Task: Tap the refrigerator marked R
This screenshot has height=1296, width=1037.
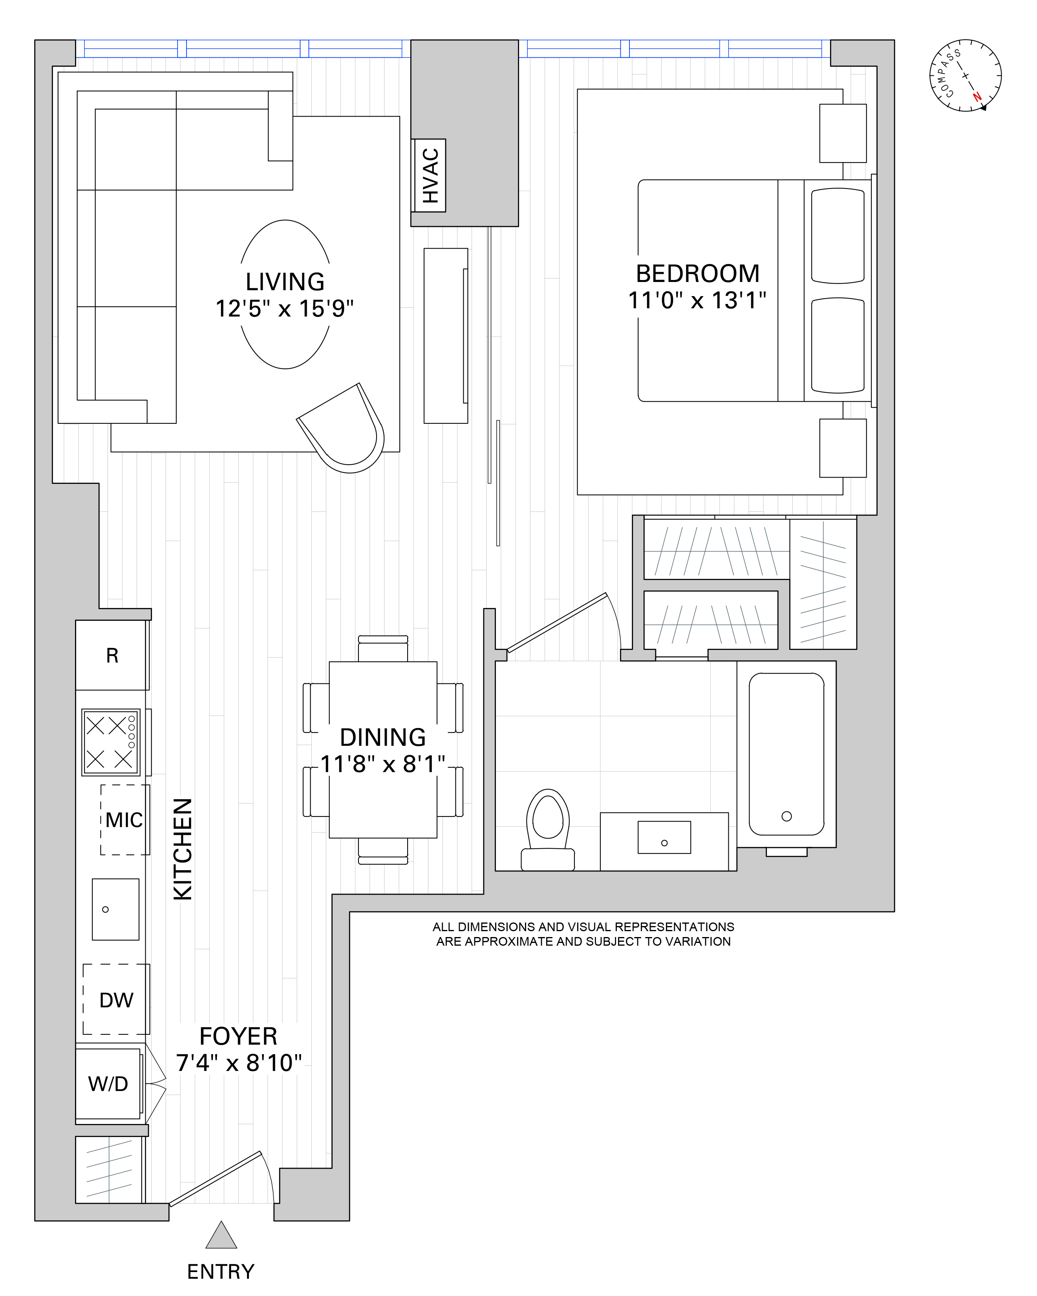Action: tap(112, 655)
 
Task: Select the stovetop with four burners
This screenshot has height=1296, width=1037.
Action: tap(111, 742)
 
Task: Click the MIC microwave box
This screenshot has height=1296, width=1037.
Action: tap(124, 820)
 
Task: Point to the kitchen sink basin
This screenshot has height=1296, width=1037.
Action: tap(115, 910)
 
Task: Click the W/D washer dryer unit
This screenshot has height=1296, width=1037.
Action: tap(108, 1084)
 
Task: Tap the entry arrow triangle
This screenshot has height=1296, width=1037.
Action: tap(221, 1236)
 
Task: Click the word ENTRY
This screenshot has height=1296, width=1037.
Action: tap(221, 1271)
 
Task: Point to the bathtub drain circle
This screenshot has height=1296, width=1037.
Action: tap(786, 816)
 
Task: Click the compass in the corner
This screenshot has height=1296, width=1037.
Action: tap(966, 76)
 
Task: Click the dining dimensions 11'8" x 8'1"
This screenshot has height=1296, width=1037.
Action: tap(382, 764)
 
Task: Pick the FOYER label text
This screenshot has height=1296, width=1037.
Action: tap(238, 1036)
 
